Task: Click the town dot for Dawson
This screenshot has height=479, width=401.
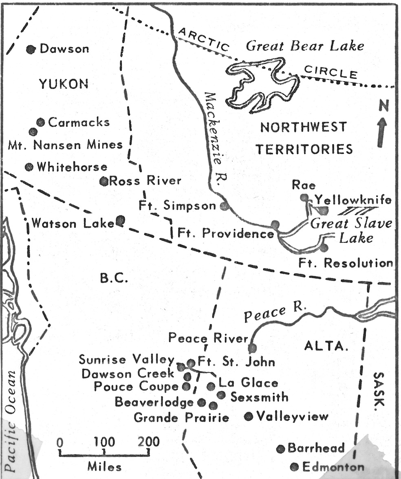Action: coord(31,49)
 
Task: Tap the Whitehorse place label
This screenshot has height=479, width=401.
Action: coord(72,167)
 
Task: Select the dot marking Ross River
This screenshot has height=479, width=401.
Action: coord(104,181)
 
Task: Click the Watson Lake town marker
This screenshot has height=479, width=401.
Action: coord(120,221)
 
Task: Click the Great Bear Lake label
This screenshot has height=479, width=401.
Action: coord(305,46)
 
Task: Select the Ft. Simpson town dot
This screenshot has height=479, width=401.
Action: coord(223,206)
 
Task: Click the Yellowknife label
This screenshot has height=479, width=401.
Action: coord(353,200)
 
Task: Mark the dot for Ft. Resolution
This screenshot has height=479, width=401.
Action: coord(324,247)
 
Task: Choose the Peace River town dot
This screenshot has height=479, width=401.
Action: coord(252,348)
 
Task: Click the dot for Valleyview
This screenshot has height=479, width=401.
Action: coord(249,416)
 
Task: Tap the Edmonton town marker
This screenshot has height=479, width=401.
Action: coord(294,467)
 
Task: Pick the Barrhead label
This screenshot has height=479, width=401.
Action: coord(316,448)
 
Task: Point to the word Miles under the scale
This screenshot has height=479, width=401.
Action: coord(104,466)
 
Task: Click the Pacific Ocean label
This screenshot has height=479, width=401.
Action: coord(11,420)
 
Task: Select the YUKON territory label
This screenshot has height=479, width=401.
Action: coord(64,84)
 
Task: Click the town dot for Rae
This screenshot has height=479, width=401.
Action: coord(304,198)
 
